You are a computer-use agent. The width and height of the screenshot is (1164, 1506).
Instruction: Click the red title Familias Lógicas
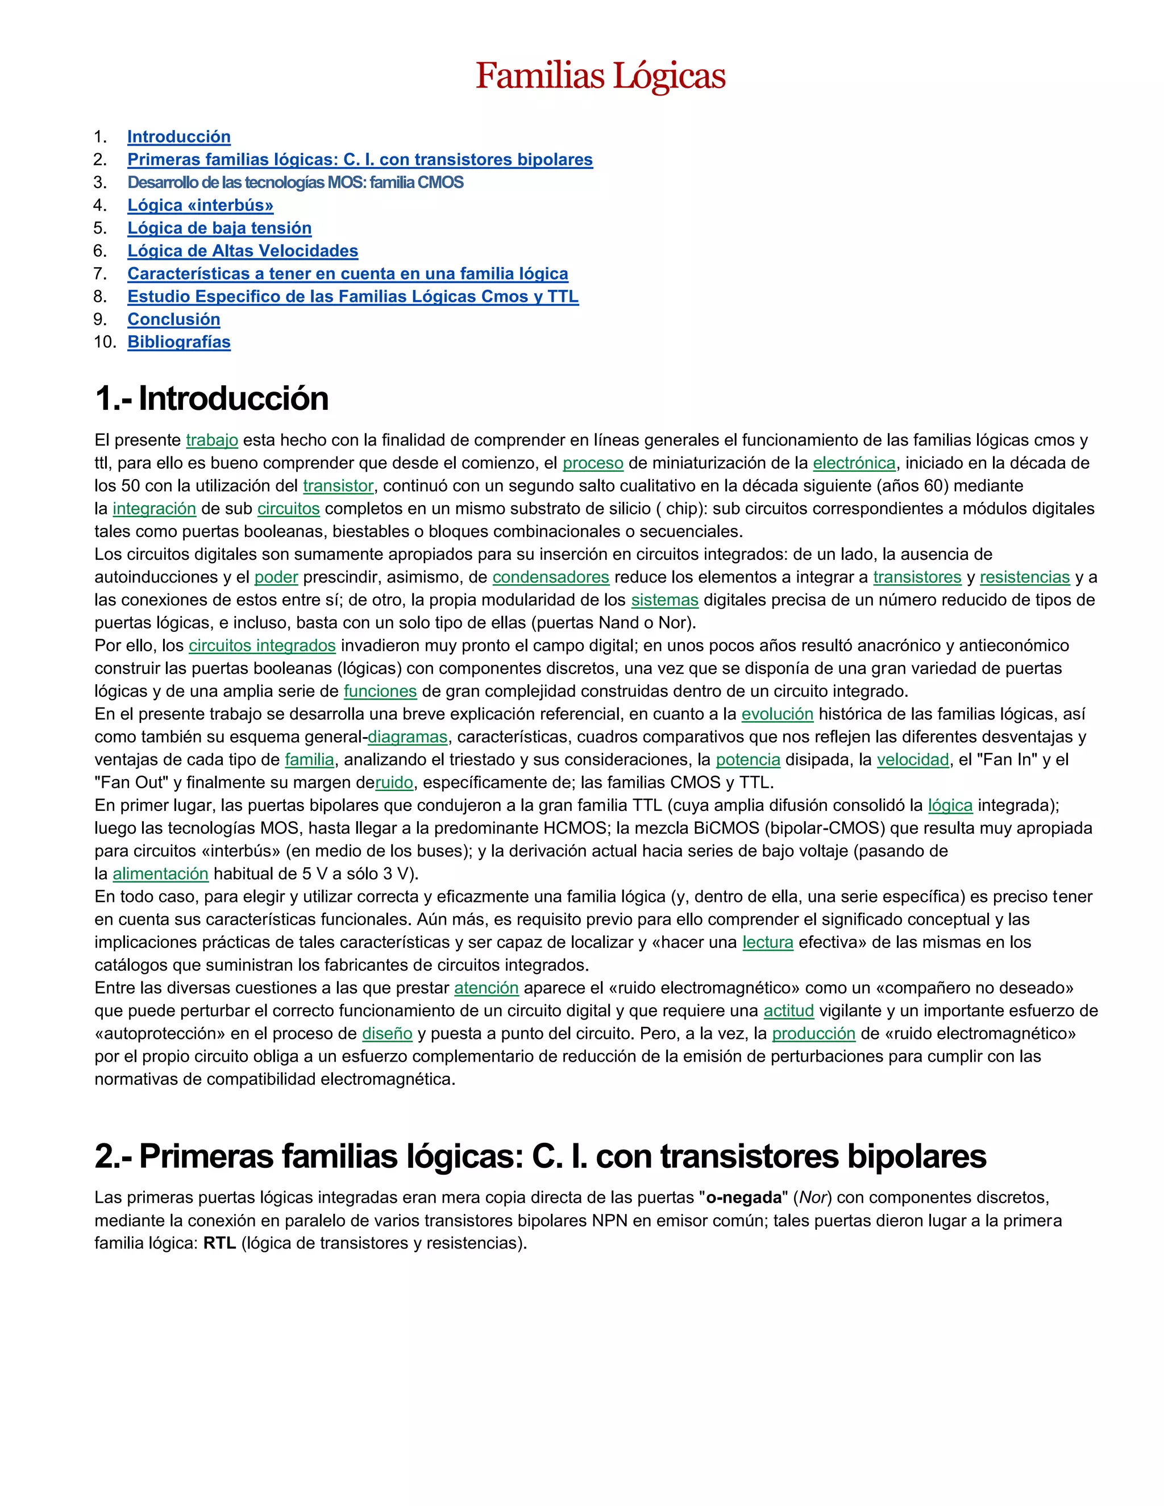coord(600,76)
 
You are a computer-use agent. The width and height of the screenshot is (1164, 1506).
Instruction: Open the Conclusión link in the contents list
coord(174,319)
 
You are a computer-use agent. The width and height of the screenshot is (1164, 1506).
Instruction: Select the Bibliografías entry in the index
coord(178,342)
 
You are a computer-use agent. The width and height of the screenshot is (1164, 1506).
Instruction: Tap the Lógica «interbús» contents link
coord(200,206)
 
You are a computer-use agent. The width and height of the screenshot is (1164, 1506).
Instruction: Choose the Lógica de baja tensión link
coord(219,228)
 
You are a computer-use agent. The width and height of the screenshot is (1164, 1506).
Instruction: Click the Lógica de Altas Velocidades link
coord(243,251)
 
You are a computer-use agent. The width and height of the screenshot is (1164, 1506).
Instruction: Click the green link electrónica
coord(854,463)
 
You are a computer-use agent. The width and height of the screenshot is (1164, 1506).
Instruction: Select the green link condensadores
coord(550,577)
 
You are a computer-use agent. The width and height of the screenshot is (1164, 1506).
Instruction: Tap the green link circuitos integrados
coord(262,646)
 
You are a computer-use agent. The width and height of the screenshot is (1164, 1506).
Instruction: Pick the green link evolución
coord(777,714)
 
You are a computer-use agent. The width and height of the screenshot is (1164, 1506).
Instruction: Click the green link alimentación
coord(160,873)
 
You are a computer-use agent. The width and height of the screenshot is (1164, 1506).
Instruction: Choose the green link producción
coord(813,1034)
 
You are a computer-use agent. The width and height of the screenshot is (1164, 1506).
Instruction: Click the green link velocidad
coord(913,760)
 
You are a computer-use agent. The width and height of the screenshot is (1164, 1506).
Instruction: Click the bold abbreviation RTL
coord(219,1243)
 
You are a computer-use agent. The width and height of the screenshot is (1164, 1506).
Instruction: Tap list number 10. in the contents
coord(105,342)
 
